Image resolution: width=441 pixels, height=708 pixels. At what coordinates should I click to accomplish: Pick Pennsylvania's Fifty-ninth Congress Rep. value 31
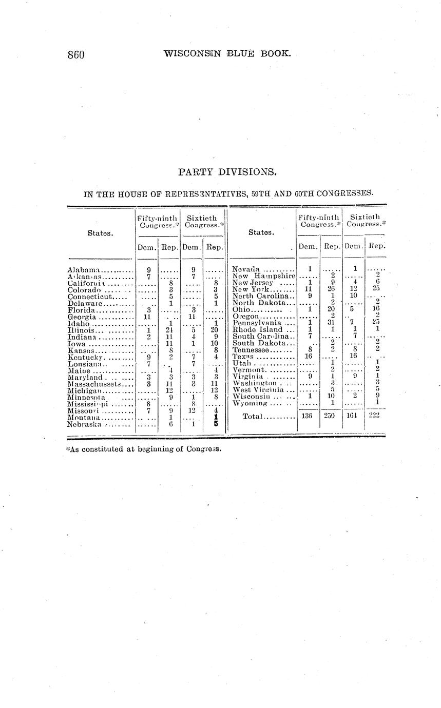(x=331, y=323)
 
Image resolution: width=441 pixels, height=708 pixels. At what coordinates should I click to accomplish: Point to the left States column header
(x=100, y=233)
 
